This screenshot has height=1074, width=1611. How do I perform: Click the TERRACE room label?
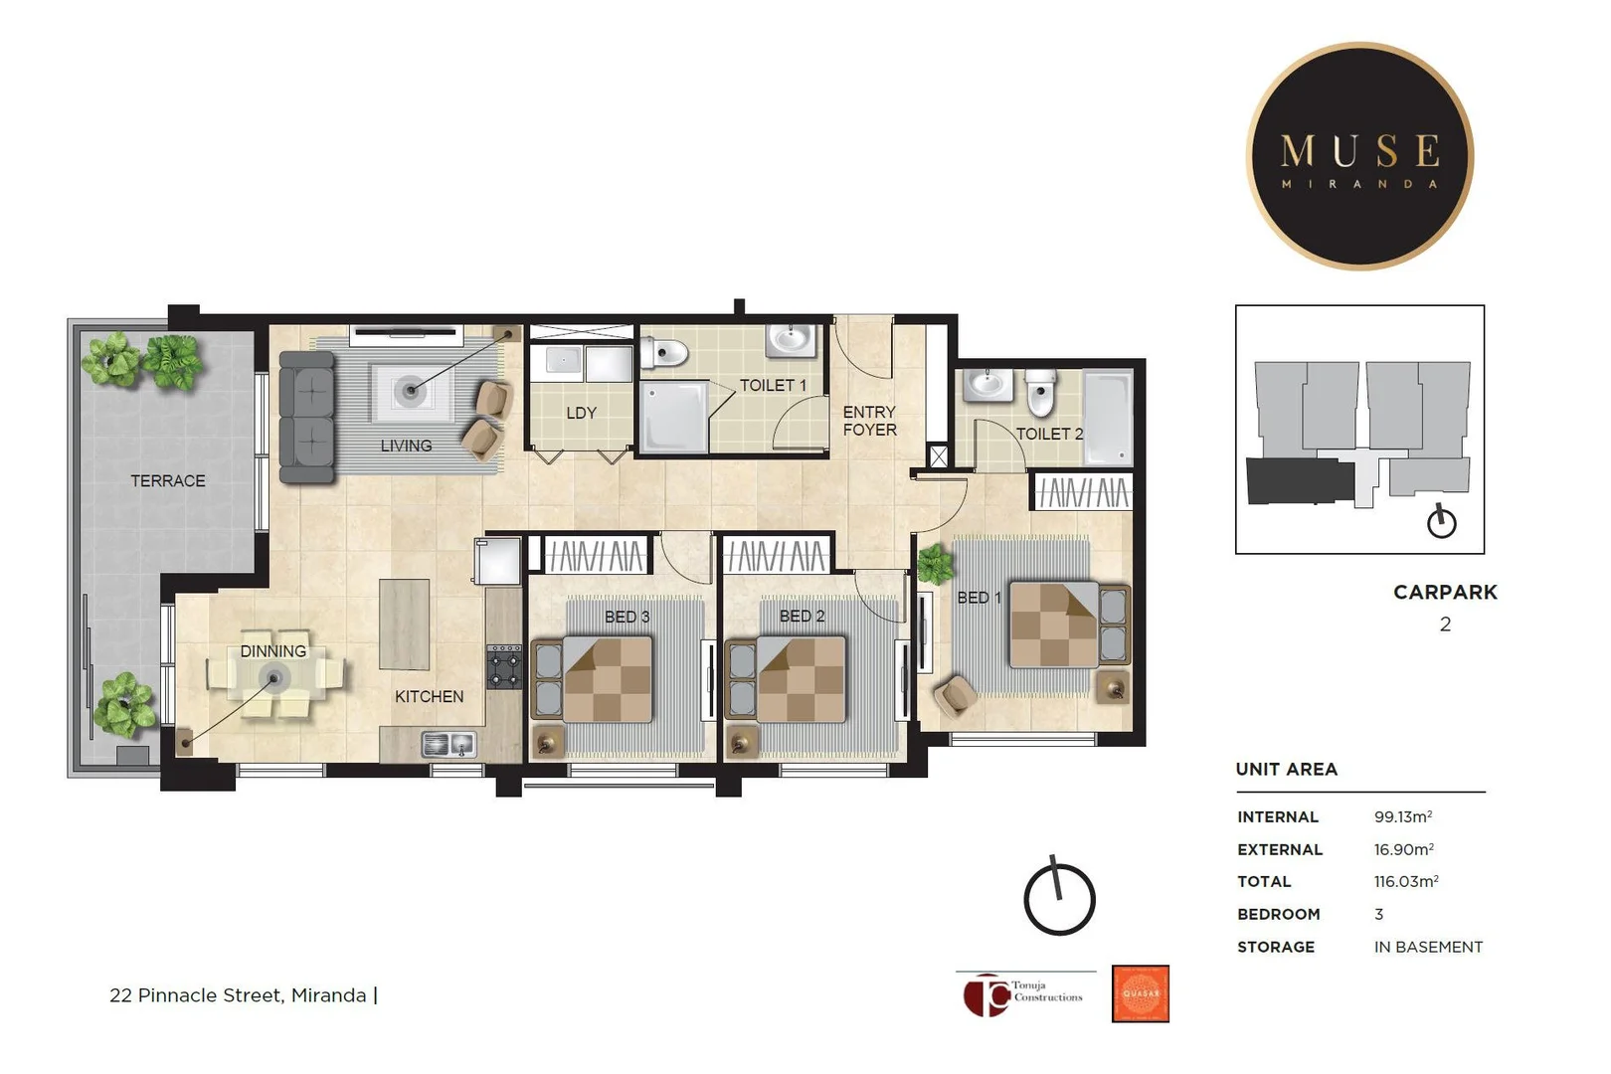(x=167, y=481)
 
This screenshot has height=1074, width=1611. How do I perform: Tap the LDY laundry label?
(x=581, y=413)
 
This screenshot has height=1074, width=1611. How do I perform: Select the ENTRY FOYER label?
(x=869, y=421)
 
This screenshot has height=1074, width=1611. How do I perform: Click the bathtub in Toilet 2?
(x=1108, y=417)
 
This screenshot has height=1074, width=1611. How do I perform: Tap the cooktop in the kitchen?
(x=504, y=666)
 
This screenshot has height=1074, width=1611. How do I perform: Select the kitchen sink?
(x=448, y=744)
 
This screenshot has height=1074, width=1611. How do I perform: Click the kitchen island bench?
(x=404, y=624)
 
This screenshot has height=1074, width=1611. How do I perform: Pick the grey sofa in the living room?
(x=306, y=418)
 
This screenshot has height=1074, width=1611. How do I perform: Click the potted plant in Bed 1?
(x=935, y=565)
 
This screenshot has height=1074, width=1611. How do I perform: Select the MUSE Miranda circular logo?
(x=1359, y=156)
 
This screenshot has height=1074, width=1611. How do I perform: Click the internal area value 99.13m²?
(x=1403, y=817)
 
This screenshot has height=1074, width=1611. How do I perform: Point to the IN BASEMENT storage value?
(x=1428, y=948)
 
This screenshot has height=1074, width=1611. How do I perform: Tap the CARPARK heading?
(x=1445, y=593)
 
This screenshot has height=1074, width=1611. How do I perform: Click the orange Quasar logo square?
(x=1140, y=993)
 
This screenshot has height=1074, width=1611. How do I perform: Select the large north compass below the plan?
(x=1059, y=898)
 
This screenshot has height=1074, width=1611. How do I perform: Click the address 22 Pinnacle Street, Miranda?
(x=238, y=995)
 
